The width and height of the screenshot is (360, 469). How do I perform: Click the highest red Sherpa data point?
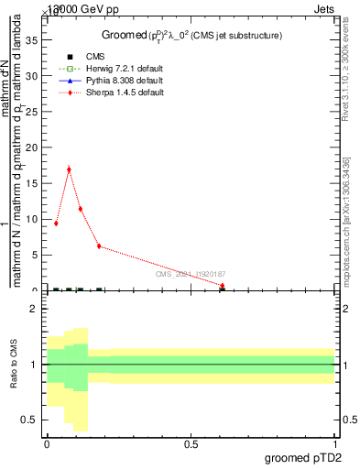pos(69,169)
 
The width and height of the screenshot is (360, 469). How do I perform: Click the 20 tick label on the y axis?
pos(34,147)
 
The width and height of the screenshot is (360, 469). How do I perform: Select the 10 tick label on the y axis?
pos(34,219)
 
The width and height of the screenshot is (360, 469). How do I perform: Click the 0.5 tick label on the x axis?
pos(191,444)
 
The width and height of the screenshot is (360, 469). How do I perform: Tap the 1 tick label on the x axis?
pos(334,444)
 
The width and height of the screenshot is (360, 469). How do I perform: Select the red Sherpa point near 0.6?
pos(222,286)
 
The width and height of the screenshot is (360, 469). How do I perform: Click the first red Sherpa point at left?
pos(56,223)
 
